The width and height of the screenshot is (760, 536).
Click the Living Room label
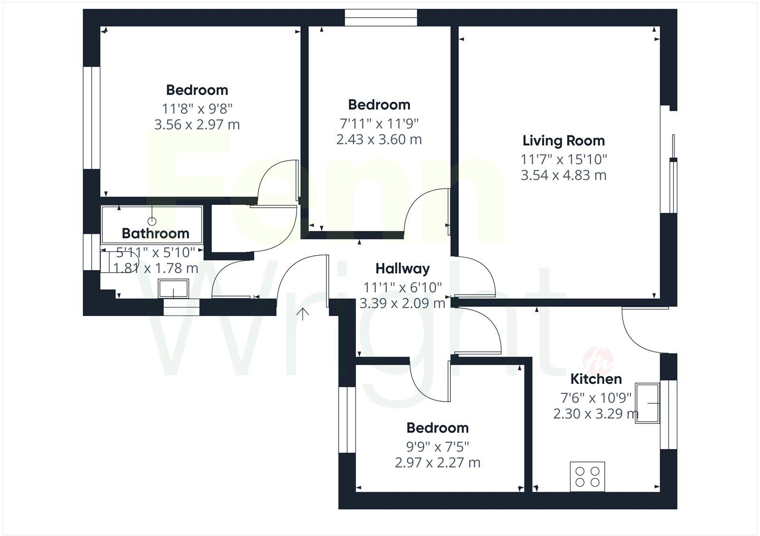563,141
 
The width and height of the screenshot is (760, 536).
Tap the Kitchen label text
596,379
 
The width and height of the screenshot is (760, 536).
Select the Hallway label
402,268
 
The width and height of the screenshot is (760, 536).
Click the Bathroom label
155,233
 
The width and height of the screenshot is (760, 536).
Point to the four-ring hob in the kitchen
588,477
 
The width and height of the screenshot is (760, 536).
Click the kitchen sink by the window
647,403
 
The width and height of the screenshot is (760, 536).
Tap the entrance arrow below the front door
303,314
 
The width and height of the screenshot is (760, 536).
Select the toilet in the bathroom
119,262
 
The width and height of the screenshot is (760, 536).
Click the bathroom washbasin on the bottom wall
173,289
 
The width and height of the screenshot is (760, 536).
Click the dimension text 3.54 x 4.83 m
563,175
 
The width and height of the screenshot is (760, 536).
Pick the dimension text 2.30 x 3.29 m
596,414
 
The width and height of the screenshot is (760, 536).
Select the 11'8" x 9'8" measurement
197,109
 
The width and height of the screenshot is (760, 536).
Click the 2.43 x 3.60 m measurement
379,140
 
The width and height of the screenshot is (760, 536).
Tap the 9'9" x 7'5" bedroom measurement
437,447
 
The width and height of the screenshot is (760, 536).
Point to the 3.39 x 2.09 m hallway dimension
402,303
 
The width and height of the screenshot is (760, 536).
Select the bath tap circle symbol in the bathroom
152,221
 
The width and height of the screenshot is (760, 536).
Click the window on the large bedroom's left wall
91,117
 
